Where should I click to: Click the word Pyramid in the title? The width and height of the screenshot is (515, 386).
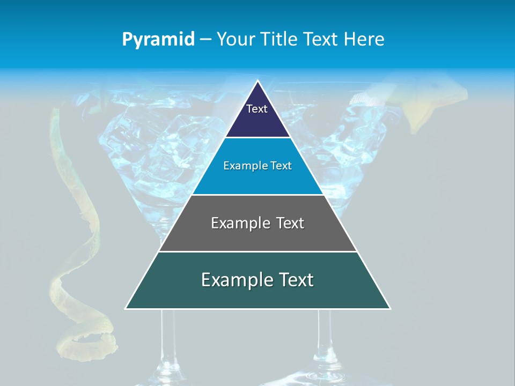(158, 40)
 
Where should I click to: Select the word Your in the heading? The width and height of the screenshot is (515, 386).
(236, 39)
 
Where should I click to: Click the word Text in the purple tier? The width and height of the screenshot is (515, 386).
(257, 109)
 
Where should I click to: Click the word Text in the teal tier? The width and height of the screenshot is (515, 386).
(294, 280)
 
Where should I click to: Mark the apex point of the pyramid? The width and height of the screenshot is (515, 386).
(257, 81)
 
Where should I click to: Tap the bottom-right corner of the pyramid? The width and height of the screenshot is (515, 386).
(389, 308)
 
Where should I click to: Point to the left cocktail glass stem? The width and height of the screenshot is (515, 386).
(167, 343)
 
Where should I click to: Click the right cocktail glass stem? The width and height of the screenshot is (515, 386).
(323, 338)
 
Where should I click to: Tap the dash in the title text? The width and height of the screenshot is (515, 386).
(205, 40)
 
